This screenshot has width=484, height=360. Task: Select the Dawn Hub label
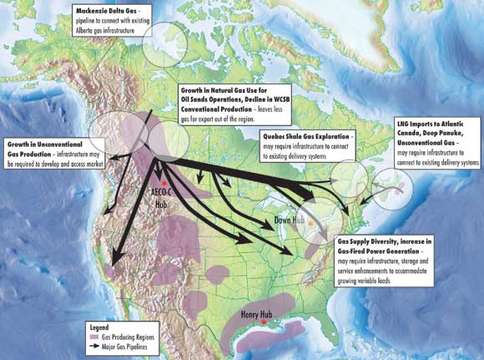tap(289, 221)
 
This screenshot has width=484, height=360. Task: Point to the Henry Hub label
tap(258, 316)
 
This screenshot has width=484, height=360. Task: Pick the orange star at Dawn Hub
tap(310, 223)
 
